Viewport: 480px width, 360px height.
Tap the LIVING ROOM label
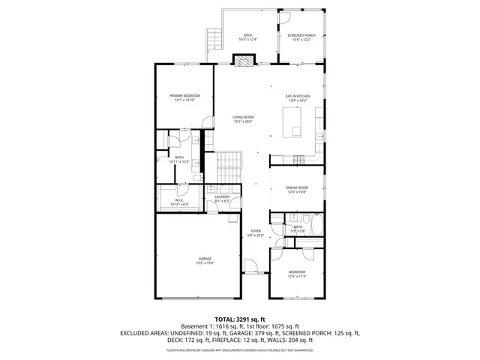click(242, 118)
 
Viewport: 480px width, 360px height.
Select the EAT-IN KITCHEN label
click(298, 97)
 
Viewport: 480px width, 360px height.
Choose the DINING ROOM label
click(297, 187)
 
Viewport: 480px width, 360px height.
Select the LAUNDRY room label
click(222, 197)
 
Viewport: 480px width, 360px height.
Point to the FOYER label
click(255, 232)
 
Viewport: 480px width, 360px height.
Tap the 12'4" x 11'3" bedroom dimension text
click(298, 276)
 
